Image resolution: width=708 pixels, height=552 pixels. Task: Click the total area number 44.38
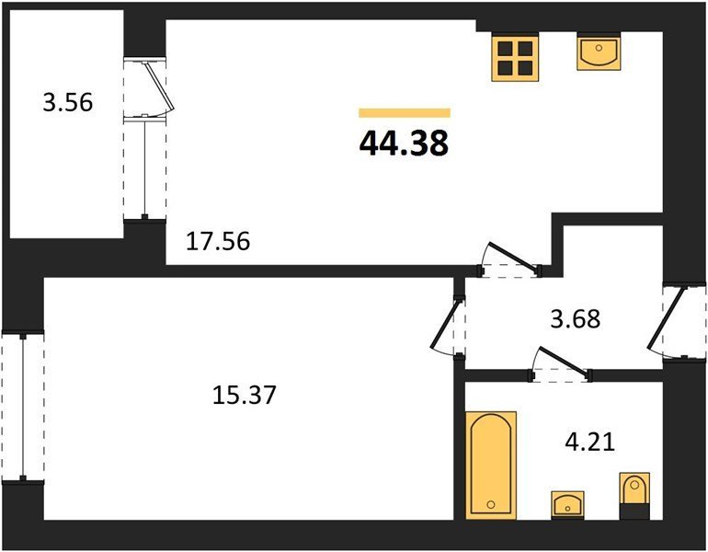tap(404, 143)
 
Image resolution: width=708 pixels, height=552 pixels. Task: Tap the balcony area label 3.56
tap(68, 102)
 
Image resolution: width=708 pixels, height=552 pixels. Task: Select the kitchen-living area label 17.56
tap(218, 241)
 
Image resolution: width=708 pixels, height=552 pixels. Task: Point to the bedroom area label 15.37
tap(244, 395)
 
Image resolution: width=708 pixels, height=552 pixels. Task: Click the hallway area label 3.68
tap(576, 318)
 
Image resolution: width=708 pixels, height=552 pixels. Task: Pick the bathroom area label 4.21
tap(590, 442)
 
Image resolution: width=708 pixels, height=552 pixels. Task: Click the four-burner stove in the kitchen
tap(515, 58)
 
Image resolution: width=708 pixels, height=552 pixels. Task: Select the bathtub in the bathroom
tap(491, 465)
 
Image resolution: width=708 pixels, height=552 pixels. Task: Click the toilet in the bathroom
tap(634, 496)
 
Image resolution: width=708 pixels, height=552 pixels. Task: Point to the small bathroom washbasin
tap(567, 503)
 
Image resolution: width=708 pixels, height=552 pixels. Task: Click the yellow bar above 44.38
tap(405, 113)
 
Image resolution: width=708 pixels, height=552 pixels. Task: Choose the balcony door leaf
tap(160, 87)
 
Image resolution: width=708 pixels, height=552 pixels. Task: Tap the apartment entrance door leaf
tap(667, 318)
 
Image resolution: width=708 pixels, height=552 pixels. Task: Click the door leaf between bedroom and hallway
tap(446, 324)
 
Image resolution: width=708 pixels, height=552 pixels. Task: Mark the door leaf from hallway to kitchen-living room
tap(513, 258)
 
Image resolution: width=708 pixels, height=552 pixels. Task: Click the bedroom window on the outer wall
tap(23, 408)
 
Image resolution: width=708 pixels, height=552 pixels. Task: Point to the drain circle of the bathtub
tap(491, 504)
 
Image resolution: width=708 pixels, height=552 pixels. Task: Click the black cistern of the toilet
tap(634, 512)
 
